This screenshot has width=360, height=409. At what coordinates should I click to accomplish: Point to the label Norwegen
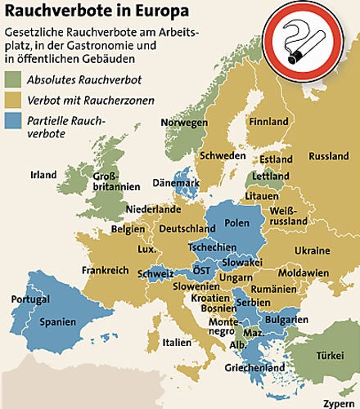pos(184,122)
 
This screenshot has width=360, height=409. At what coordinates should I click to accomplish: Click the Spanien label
pos(57,322)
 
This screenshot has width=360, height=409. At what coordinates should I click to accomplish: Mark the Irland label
pos(43,175)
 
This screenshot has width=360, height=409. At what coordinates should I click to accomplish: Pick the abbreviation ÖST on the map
pos(201,271)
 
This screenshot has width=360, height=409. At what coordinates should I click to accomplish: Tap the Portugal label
pos(30,299)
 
